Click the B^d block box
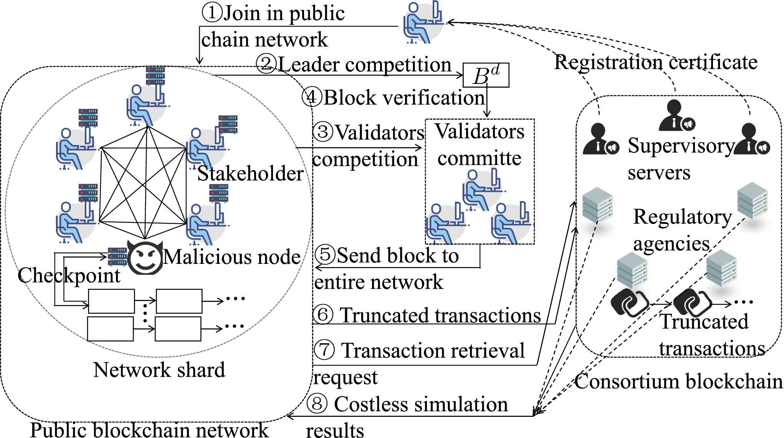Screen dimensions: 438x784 coord(486,75)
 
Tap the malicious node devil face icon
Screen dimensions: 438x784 coord(145,257)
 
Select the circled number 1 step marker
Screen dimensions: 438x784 coord(212,12)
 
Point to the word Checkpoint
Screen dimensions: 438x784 coord(69,275)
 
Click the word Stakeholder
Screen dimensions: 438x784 coord(250,173)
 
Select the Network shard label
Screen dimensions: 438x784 coord(159,370)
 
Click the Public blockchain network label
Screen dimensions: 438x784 coord(149,430)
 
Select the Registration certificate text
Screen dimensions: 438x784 coord(656,62)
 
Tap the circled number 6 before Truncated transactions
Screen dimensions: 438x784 coord(323,315)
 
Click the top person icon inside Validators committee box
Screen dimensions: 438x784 coord(482,190)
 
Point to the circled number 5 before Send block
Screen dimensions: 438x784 coord(325,254)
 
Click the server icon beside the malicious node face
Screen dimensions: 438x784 coord(117,257)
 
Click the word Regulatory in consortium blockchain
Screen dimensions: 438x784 coord(682,217)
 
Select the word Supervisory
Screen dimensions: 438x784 coord(681,146)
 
